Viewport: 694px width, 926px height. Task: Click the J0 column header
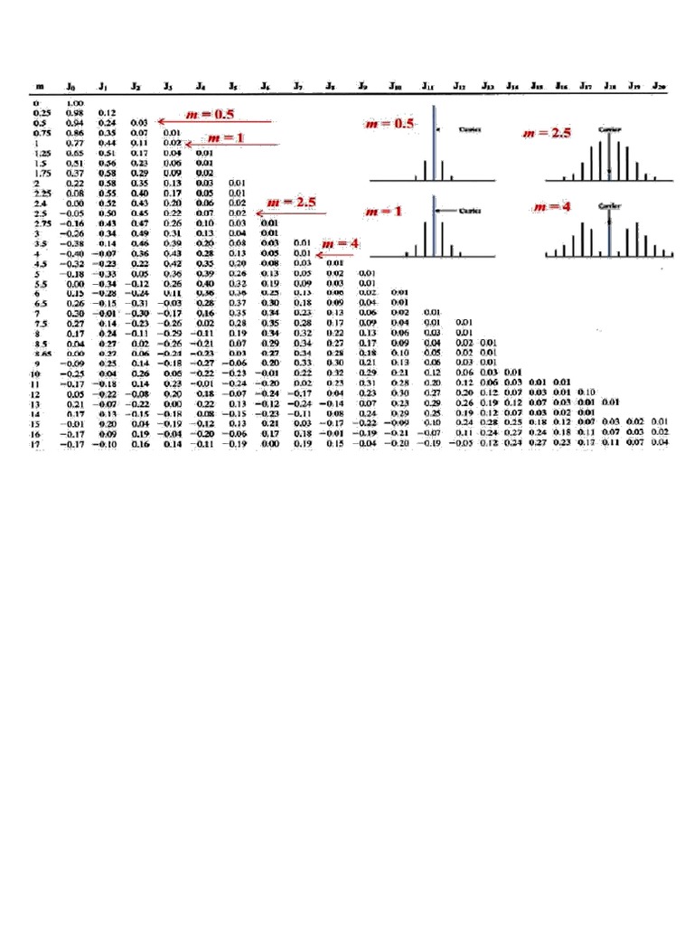70,87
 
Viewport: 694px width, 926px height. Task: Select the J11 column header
427,87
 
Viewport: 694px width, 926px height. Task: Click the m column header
40,87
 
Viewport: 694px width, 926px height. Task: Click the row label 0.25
42,112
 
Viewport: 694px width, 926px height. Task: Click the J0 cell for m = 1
73,142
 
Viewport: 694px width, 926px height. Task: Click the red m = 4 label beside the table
341,244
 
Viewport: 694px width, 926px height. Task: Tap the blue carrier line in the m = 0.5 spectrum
435,145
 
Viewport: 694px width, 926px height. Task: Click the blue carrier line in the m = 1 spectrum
435,226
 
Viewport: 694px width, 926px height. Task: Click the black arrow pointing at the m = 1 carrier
448,211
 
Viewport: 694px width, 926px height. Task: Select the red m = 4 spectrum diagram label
552,207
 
